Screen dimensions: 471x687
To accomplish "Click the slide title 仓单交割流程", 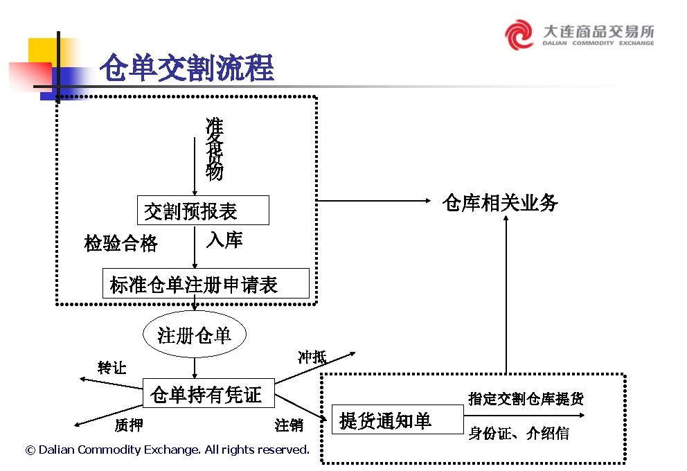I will (x=186, y=69).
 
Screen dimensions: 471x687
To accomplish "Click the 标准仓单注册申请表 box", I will (x=206, y=284).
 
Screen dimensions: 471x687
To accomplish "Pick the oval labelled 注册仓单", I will (x=194, y=336).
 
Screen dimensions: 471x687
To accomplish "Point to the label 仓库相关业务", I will (x=500, y=202).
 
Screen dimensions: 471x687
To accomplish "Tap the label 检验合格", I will (x=121, y=243).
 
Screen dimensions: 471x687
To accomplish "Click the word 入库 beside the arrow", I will (x=224, y=240).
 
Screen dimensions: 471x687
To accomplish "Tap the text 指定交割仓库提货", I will (x=526, y=398).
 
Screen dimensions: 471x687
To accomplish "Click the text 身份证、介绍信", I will (x=519, y=434).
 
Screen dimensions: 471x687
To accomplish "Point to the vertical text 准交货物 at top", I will (x=215, y=149).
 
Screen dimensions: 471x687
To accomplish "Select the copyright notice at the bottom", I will (x=167, y=450).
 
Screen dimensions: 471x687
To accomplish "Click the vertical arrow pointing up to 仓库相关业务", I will (x=506, y=298).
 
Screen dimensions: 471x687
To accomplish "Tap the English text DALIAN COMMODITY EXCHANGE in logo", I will (x=598, y=43).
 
